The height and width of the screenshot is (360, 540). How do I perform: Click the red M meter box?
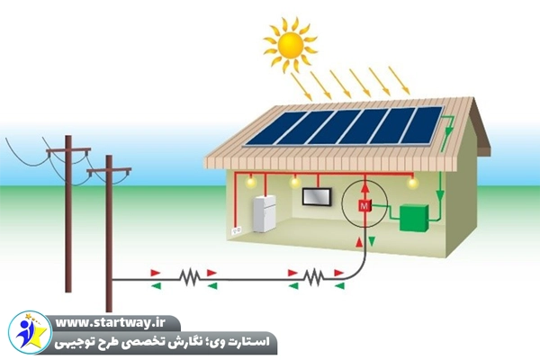[x=364, y=207]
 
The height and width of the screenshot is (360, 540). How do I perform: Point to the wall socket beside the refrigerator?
[x=238, y=231]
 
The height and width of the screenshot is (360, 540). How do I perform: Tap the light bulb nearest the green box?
[x=413, y=183]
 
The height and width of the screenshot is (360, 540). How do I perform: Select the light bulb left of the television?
[x=294, y=183]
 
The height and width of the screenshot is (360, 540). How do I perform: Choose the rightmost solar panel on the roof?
[x=420, y=126]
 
